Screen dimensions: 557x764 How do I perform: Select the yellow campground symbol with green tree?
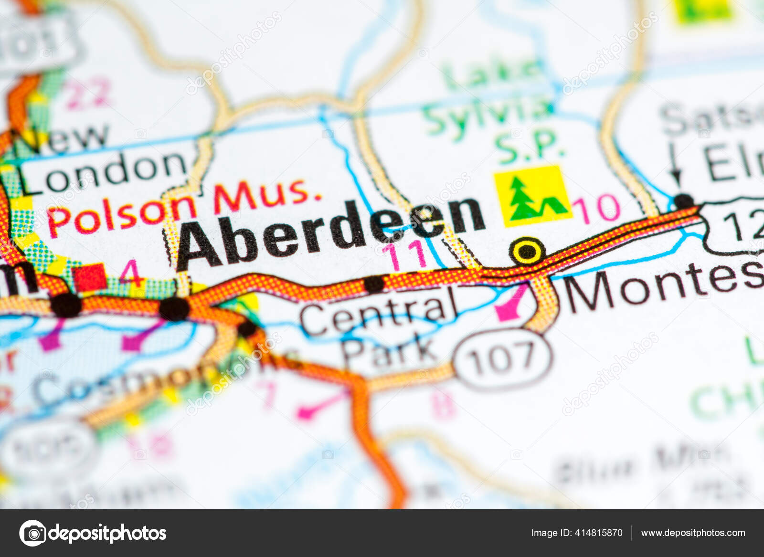532,196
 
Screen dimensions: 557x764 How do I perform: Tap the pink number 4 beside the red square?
130,273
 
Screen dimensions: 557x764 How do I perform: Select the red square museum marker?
89,276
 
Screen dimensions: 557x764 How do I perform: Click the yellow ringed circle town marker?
527,251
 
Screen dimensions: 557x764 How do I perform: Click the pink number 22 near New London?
88,93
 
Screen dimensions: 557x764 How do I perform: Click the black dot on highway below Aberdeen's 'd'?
374,284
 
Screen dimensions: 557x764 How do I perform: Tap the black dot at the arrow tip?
684,200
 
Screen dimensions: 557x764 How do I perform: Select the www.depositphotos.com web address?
693,533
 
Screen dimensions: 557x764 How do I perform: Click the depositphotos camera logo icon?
32,533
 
